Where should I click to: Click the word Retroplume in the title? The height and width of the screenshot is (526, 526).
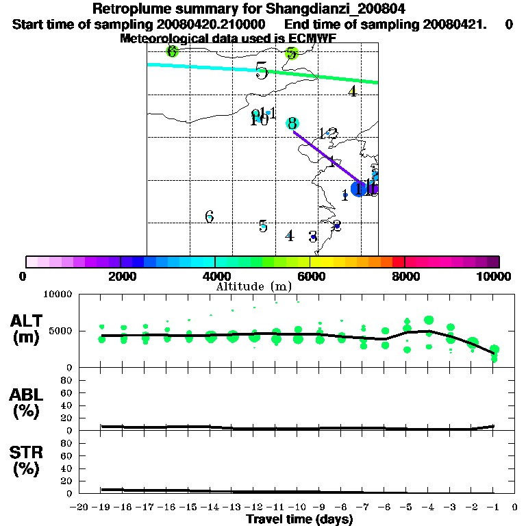click(129, 9)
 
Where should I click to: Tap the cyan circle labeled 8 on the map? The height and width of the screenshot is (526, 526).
click(292, 123)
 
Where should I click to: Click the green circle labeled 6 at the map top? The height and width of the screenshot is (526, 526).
click(172, 51)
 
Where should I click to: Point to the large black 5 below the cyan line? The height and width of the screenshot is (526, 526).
click(261, 71)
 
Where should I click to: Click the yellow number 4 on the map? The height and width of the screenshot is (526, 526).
click(353, 91)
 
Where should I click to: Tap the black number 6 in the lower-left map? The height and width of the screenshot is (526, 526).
click(210, 217)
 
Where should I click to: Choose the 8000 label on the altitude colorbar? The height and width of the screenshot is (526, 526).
click(404, 277)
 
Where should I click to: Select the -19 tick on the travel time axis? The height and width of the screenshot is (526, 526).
click(101, 508)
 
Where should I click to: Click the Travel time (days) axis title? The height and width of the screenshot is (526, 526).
click(299, 519)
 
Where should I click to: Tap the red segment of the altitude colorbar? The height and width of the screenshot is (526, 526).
click(398, 262)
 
